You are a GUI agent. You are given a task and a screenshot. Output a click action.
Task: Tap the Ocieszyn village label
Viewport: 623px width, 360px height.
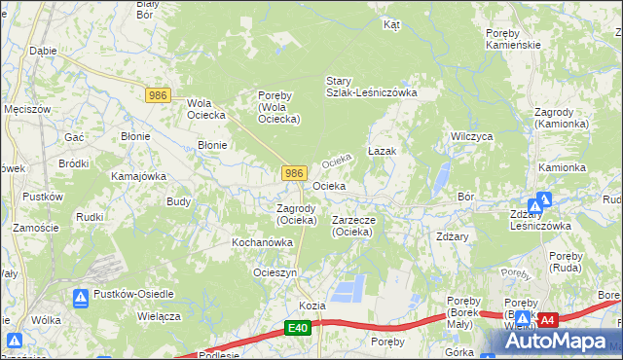tap(275, 272)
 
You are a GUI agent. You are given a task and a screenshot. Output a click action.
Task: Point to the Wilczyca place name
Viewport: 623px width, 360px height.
tap(469, 137)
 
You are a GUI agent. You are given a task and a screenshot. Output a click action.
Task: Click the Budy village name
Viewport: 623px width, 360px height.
tap(178, 201)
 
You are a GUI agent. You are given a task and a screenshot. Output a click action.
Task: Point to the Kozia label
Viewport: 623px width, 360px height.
tap(311, 305)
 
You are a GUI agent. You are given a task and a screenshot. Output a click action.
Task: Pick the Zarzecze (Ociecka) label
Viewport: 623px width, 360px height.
tap(360, 226)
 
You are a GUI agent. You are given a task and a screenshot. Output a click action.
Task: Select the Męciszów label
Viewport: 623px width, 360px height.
tap(26, 109)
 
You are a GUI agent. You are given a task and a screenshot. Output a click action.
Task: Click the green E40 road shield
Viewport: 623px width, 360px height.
tap(298, 331)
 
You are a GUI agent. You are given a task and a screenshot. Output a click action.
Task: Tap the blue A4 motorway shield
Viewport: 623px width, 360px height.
tap(548, 319)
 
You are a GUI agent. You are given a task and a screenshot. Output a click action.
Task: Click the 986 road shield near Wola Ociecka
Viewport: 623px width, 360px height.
tap(160, 95)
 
